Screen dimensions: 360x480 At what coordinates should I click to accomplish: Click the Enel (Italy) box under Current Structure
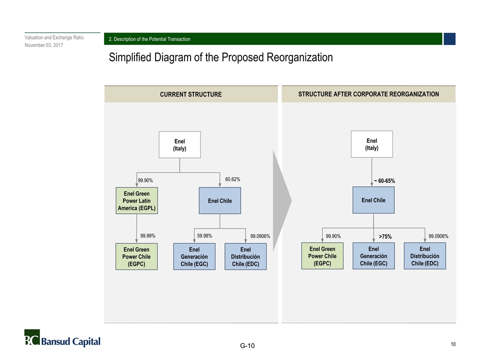click(x=179, y=145)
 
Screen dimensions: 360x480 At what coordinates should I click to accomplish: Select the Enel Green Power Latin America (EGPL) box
click(x=136, y=200)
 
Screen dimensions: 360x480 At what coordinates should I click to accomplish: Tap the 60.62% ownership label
click(x=232, y=179)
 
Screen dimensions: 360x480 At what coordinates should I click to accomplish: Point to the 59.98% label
click(x=204, y=235)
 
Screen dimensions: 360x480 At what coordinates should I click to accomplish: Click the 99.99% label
click(x=147, y=235)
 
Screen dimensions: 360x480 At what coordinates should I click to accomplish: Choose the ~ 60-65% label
click(x=384, y=180)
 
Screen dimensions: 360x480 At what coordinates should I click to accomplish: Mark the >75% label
click(x=385, y=236)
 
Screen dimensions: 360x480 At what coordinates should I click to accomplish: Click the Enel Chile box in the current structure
click(x=220, y=200)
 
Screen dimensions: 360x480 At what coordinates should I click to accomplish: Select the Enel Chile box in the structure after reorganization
click(x=373, y=200)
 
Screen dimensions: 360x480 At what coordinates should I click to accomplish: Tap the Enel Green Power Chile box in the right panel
click(x=322, y=256)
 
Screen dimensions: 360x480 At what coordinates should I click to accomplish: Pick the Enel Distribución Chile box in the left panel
click(x=245, y=256)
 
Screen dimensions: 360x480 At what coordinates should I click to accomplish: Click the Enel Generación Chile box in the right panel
click(x=373, y=256)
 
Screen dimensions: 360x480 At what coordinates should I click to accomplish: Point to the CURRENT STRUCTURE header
click(x=190, y=94)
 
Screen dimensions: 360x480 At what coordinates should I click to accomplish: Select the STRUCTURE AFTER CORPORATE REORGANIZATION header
click(x=368, y=94)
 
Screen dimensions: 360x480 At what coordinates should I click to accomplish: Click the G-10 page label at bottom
click(x=247, y=346)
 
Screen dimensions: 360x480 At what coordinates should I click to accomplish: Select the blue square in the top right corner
click(x=449, y=39)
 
